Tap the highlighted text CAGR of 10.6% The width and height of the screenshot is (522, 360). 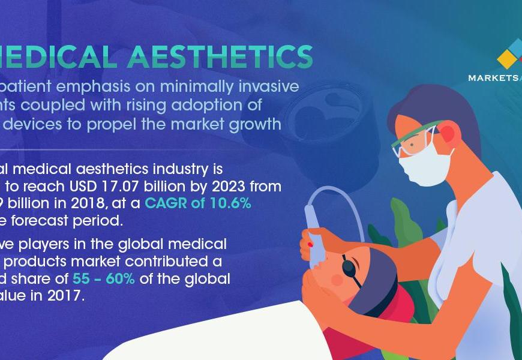pos(198,203)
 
